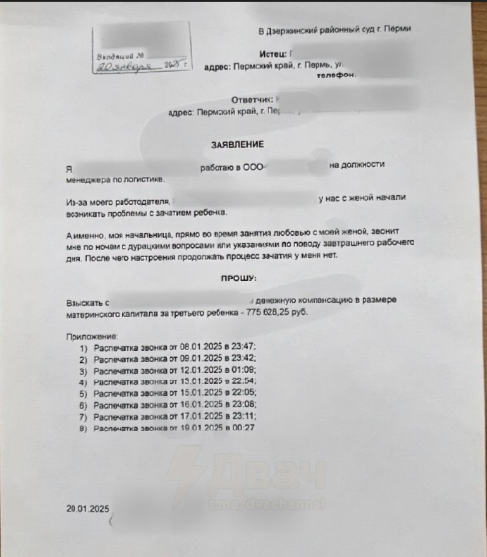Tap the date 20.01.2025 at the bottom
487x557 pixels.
88,509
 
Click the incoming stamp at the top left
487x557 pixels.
137,53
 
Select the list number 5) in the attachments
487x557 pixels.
85,393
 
